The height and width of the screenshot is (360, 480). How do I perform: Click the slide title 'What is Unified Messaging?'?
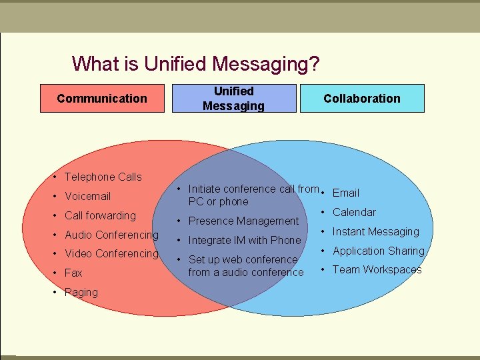click(195, 64)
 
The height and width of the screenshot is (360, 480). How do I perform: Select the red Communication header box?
click(102, 99)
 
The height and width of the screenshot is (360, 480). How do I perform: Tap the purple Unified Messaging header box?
click(233, 99)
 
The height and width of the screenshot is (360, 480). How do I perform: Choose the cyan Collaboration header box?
click(362, 99)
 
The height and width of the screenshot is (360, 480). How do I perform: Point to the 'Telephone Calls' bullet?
click(103, 177)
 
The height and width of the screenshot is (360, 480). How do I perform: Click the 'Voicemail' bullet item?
click(87, 196)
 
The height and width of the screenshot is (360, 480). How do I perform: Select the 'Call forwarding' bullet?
click(100, 215)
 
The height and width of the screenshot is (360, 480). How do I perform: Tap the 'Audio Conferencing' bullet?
click(111, 235)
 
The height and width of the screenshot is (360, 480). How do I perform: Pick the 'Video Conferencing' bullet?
click(111, 253)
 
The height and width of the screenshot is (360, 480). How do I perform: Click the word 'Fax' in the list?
click(73, 273)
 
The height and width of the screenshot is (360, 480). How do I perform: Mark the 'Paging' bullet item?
click(81, 292)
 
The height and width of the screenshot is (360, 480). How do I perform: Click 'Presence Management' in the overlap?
click(243, 221)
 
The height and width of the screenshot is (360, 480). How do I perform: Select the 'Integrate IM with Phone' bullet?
click(245, 240)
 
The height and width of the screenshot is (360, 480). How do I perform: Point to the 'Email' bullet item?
click(345, 193)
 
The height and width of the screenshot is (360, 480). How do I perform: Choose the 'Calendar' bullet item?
click(354, 212)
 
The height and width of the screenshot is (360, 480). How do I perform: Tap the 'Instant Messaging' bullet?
click(375, 231)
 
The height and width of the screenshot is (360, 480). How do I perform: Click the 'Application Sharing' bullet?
click(378, 251)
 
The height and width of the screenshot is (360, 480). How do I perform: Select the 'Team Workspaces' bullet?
click(377, 269)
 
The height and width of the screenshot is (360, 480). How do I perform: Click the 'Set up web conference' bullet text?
click(243, 259)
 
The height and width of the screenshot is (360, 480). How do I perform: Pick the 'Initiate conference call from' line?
click(253, 189)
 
